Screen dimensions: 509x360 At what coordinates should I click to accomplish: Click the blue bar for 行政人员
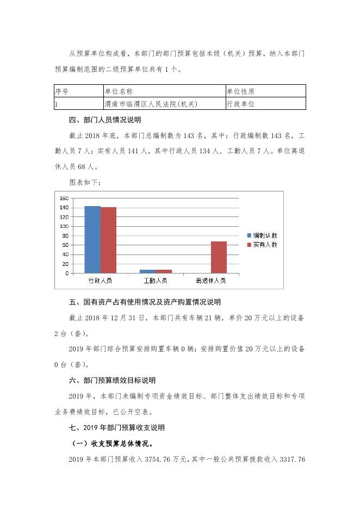click(x=92, y=239)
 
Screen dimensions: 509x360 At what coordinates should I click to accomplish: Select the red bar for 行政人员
click(x=108, y=240)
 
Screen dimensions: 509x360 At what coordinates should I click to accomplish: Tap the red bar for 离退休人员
click(x=219, y=257)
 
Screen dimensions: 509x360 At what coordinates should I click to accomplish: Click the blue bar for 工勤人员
click(x=147, y=271)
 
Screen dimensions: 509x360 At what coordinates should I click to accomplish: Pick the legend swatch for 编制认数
click(x=250, y=235)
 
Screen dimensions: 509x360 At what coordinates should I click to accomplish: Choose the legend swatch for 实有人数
click(x=250, y=245)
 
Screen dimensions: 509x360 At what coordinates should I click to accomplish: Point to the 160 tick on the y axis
click(x=64, y=198)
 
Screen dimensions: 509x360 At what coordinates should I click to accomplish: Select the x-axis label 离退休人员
click(x=210, y=281)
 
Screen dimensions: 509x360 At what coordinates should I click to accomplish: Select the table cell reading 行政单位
click(x=240, y=103)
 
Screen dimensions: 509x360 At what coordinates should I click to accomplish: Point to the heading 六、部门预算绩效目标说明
click(x=112, y=381)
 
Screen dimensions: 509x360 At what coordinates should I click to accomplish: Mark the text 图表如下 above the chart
click(x=85, y=182)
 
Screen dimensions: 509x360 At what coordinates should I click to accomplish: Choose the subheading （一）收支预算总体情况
click(x=109, y=444)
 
